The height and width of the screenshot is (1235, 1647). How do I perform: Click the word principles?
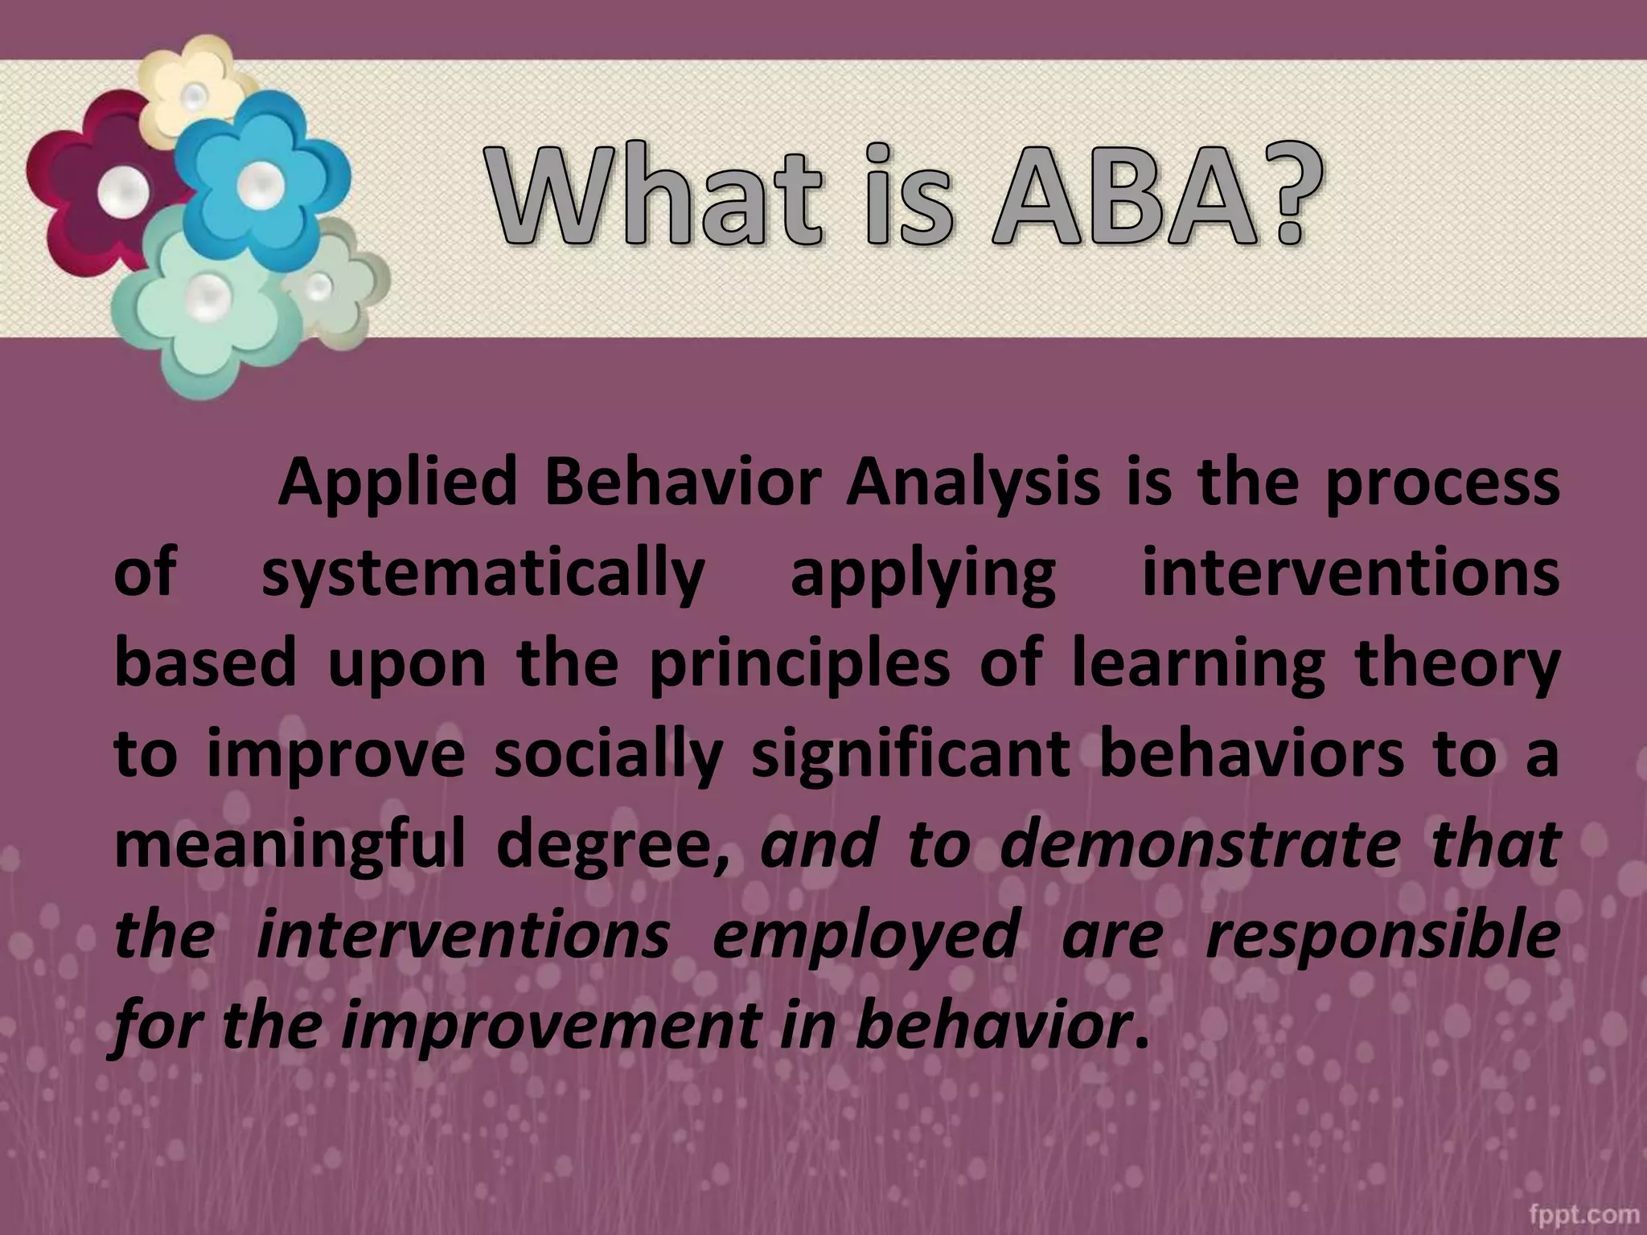pos(799,666)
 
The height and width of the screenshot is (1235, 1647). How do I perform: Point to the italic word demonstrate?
pos(1198,846)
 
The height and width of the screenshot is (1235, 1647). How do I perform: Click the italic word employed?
pos(865,937)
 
